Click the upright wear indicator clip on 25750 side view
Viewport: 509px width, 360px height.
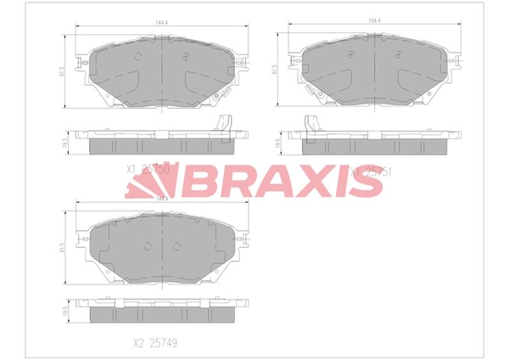(225, 122)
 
